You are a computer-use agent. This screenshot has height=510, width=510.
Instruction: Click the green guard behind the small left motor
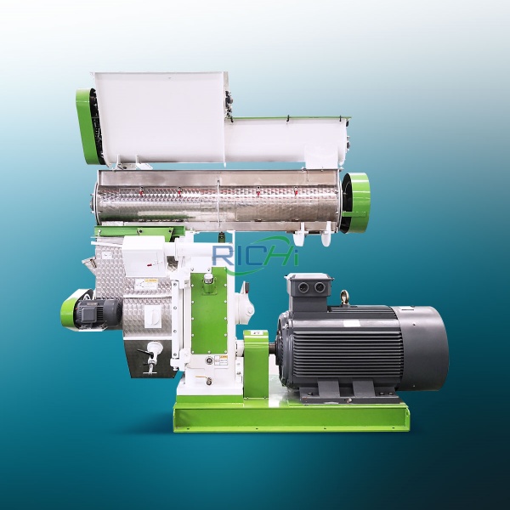pyautogui.click(x=68, y=308)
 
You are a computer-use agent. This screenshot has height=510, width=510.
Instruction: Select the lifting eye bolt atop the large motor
pyautogui.click(x=343, y=297)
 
